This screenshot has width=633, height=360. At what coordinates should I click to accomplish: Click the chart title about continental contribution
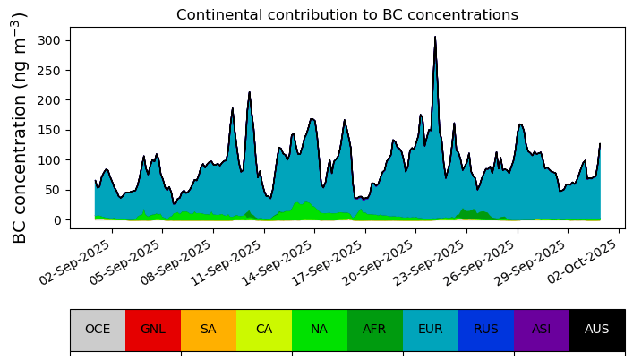pyautogui.click(x=347, y=15)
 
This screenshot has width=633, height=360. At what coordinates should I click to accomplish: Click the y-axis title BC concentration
pyautogui.click(x=19, y=128)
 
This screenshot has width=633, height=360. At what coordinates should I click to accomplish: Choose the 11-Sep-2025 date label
pyautogui.click(x=227, y=262)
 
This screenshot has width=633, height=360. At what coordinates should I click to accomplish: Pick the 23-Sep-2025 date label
pyautogui.click(x=431, y=262)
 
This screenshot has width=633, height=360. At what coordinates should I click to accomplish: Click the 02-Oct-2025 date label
pyautogui.click(x=583, y=261)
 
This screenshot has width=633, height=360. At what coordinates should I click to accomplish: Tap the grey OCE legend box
pyautogui.click(x=98, y=330)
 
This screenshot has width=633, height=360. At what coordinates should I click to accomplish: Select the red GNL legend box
pyautogui.click(x=153, y=330)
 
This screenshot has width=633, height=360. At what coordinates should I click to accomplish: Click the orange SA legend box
pyautogui.click(x=209, y=330)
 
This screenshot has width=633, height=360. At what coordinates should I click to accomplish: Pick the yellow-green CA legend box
pyautogui.click(x=264, y=330)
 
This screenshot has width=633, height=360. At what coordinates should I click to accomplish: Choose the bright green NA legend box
pyautogui.click(x=320, y=330)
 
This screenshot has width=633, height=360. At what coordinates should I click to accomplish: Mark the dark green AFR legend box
pyautogui.click(x=375, y=330)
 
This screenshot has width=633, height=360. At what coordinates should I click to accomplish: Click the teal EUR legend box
pyautogui.click(x=431, y=330)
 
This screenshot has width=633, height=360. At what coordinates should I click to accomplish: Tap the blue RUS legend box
pyautogui.click(x=486, y=330)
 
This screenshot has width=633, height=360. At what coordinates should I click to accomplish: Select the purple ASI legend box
pyautogui.click(x=542, y=330)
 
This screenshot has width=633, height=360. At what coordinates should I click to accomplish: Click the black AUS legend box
pyautogui.click(x=597, y=330)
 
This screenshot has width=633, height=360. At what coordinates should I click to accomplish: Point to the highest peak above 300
pyautogui.click(x=435, y=37)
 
